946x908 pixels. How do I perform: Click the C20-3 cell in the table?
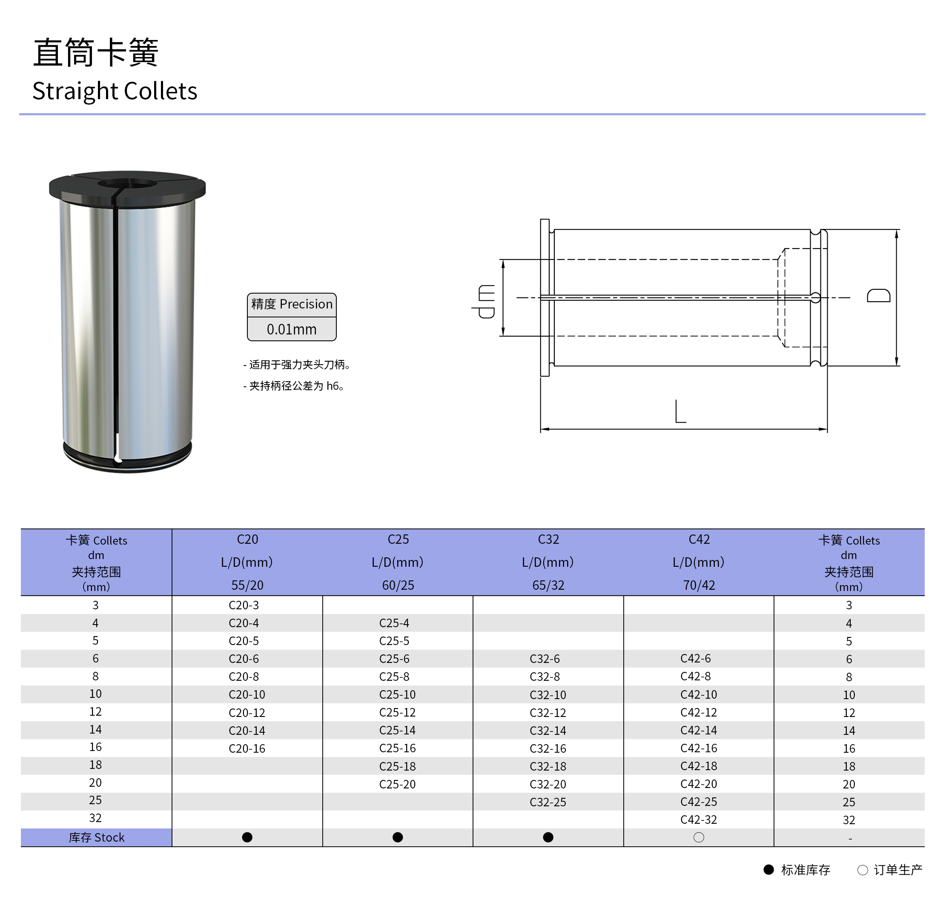pos(244,605)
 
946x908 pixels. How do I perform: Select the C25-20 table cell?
pos(397,784)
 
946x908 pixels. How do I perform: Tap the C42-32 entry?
pos(698,819)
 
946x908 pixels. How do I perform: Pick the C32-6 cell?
pos(545,659)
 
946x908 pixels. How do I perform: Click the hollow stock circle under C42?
pos(698,837)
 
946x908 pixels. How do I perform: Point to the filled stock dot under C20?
pos(247,837)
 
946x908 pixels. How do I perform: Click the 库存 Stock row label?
pos(97,837)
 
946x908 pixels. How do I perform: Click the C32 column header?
pos(548,540)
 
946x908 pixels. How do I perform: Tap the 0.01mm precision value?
pos(292,329)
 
